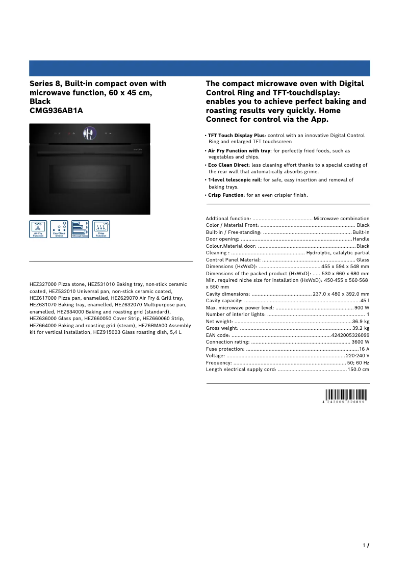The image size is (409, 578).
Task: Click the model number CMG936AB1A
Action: pos(56,111)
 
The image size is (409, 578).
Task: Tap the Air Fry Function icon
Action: pos(38,229)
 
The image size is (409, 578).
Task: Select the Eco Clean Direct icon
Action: pos(59,229)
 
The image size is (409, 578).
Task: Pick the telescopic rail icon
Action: pos(80,229)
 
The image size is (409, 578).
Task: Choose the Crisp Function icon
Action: pos(101,229)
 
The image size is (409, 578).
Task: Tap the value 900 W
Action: pos(362,308)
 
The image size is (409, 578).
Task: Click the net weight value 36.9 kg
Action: pos(361,322)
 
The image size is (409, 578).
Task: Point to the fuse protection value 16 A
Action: pos(364,349)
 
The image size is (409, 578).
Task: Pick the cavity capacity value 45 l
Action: pos(365,301)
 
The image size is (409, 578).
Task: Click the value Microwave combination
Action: pos(341,219)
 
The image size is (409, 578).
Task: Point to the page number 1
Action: pos(364,545)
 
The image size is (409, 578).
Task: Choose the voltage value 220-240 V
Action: pos(357,355)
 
